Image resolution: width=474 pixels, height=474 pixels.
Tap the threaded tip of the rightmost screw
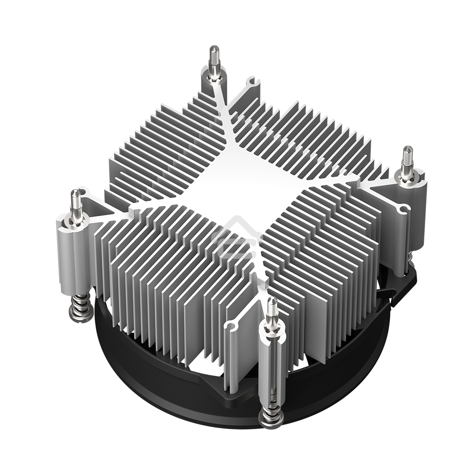[x=407, y=155]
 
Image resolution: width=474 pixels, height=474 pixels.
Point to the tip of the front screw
[x=272, y=307]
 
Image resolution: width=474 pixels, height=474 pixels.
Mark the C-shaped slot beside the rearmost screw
[x=252, y=82]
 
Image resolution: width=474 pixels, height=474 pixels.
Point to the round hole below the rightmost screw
[x=403, y=208]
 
